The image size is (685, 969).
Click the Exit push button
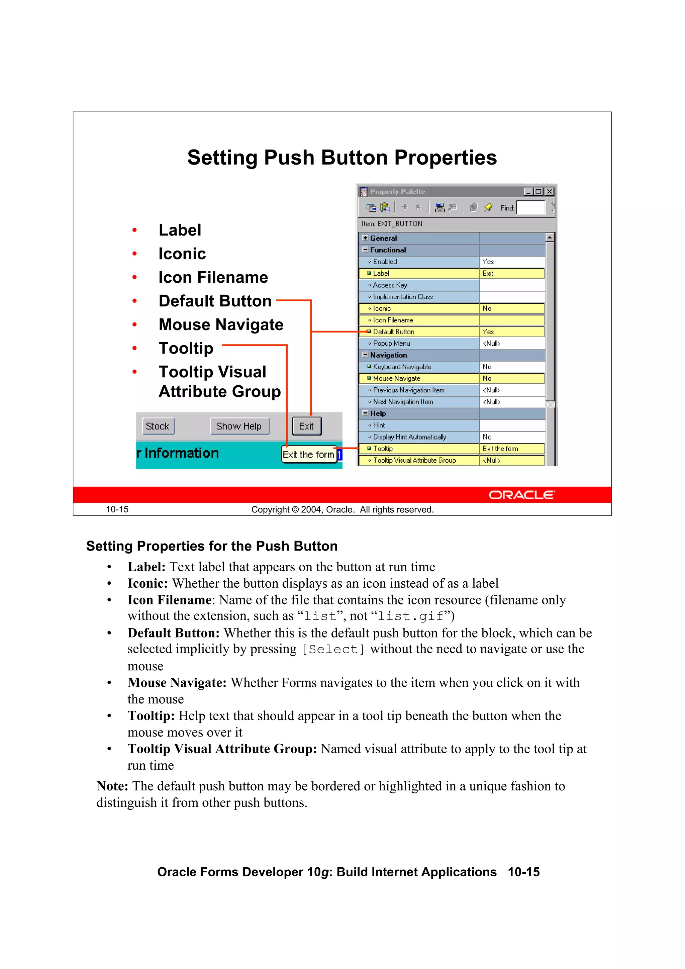(x=306, y=426)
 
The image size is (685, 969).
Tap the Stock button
(x=158, y=426)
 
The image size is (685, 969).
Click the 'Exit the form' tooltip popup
(x=308, y=455)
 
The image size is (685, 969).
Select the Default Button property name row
(x=393, y=332)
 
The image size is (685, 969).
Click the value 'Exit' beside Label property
(x=488, y=274)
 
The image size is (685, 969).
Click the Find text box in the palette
(x=530, y=208)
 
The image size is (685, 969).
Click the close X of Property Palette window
(x=549, y=192)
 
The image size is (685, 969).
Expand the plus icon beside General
(x=365, y=238)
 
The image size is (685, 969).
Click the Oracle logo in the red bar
(x=522, y=495)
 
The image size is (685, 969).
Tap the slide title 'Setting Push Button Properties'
(x=342, y=158)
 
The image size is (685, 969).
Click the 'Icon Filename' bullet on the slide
(x=213, y=277)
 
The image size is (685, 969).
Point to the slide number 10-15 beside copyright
(x=117, y=509)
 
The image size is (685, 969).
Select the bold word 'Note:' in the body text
(x=112, y=786)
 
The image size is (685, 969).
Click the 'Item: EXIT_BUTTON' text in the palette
(x=392, y=224)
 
